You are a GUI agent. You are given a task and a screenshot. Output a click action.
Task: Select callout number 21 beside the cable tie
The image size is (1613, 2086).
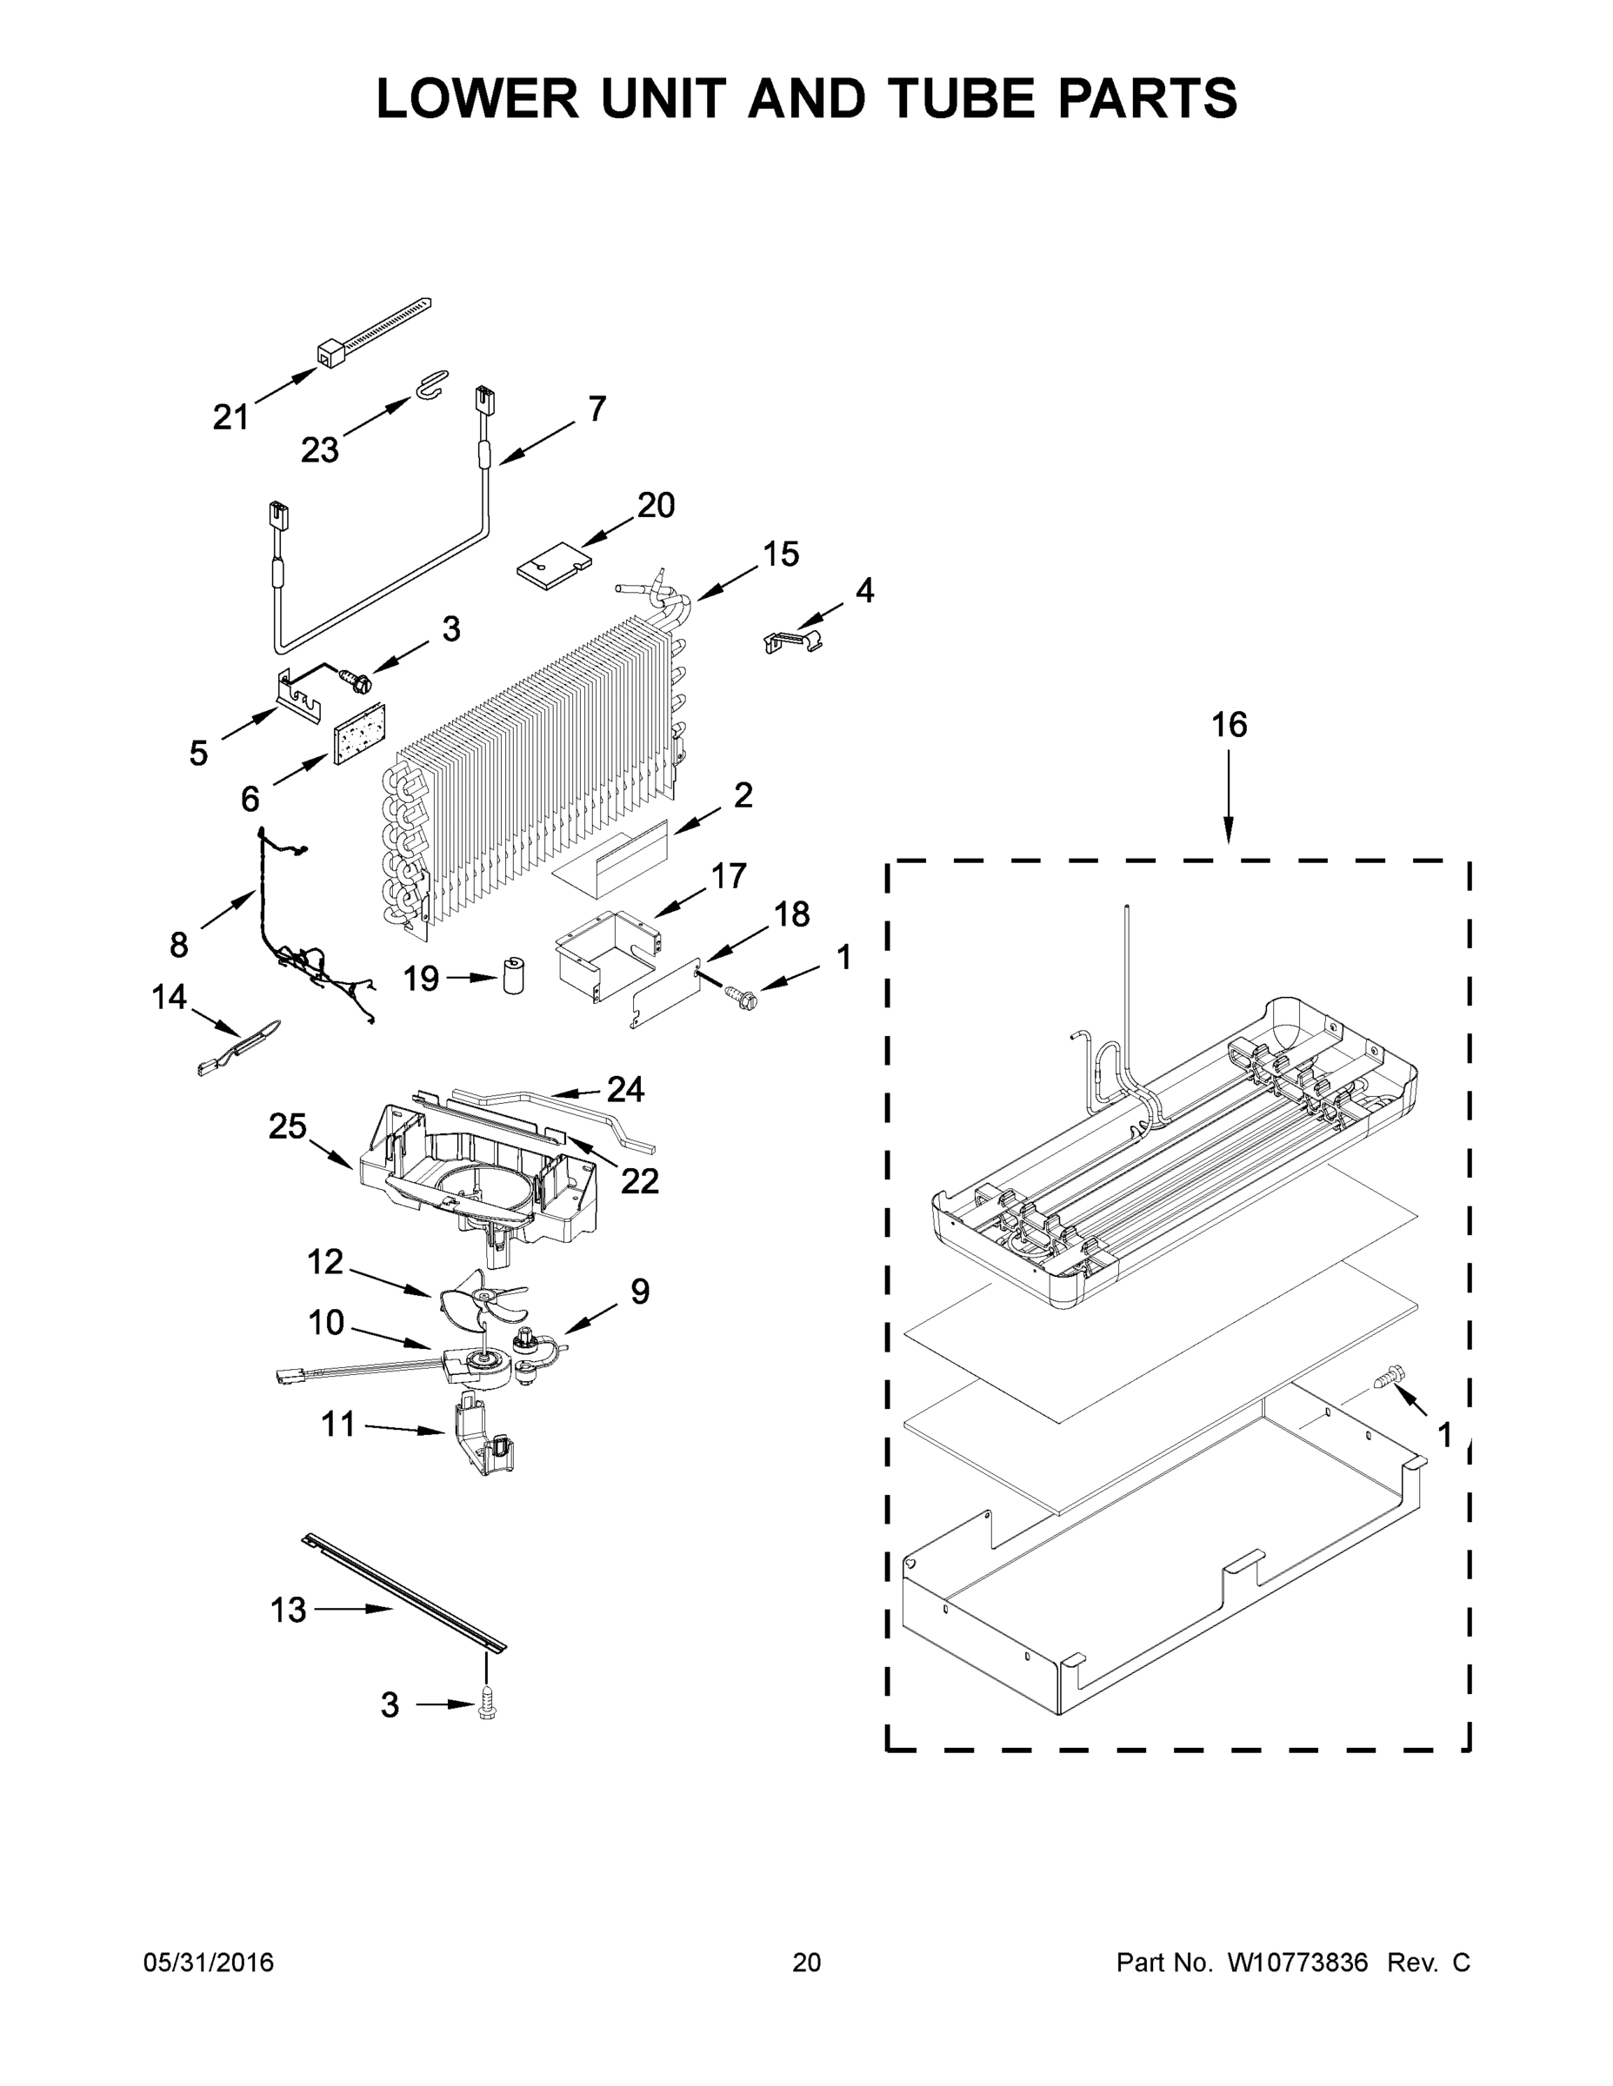[x=230, y=417]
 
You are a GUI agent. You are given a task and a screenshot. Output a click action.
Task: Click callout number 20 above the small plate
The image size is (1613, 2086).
[x=657, y=505]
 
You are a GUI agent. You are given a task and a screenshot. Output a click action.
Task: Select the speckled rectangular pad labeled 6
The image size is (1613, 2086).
[x=358, y=735]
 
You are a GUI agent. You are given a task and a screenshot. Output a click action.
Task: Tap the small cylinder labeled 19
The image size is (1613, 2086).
[x=514, y=975]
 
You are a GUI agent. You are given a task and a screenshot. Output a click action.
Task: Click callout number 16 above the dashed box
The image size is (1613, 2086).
[x=1229, y=725]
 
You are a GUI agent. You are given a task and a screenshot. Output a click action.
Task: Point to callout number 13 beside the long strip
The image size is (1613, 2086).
[x=289, y=1611]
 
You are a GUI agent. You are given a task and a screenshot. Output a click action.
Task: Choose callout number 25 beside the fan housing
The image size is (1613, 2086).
[x=287, y=1127]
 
